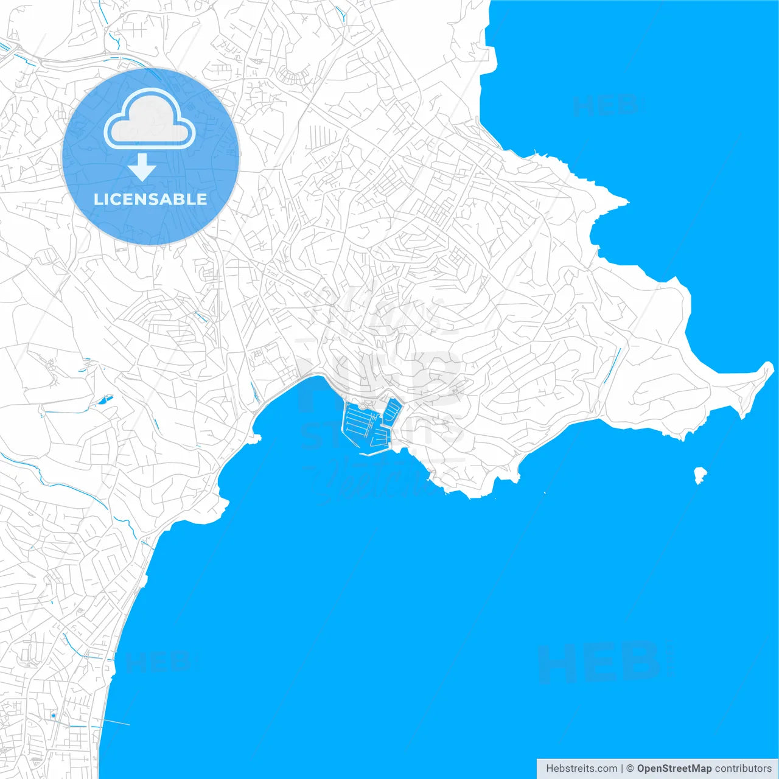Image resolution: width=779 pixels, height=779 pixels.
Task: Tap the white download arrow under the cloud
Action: (142, 167)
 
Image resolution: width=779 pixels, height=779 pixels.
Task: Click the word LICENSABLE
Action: (150, 199)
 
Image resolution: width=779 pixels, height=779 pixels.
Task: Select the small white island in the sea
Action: (700, 475)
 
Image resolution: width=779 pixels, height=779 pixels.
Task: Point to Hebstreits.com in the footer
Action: (581, 769)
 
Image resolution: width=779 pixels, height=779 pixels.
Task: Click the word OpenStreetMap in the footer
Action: (674, 769)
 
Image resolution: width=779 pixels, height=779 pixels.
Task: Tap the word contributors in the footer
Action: (743, 769)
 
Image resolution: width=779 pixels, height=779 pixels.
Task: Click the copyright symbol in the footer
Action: (631, 769)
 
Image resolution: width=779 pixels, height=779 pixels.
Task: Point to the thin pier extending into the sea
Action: (117, 722)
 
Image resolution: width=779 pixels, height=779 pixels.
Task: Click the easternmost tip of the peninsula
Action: (771, 365)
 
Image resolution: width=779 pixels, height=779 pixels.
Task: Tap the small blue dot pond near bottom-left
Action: (54, 716)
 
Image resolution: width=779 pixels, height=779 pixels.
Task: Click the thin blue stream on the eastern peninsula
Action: (612, 366)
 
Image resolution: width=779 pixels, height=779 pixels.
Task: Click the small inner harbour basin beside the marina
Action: (393, 411)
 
